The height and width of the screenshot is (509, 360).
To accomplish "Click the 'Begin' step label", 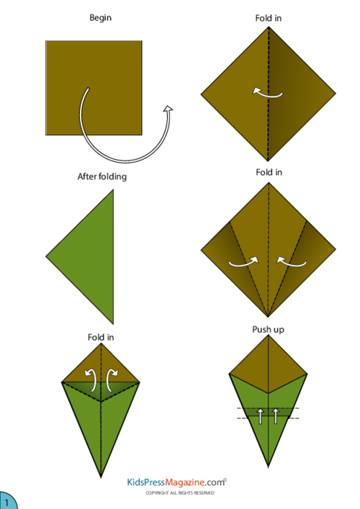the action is (100, 18).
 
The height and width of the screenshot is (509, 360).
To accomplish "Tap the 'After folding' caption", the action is (102, 176).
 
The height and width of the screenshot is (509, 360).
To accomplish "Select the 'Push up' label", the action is (268, 330).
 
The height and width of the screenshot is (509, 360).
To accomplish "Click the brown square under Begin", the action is (94, 88).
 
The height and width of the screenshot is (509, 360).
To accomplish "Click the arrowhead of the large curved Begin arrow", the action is (168, 109).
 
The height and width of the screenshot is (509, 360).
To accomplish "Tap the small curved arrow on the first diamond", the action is (268, 93).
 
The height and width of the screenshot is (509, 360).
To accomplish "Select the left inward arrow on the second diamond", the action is (243, 262).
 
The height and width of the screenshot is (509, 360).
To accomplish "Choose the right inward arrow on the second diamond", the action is (291, 261).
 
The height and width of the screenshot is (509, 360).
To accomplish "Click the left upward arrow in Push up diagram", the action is (261, 416).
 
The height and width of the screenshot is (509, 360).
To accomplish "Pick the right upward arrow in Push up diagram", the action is (276, 416).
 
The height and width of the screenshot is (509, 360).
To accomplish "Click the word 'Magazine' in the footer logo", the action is (185, 482).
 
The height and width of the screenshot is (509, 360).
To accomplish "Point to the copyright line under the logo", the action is (180, 492).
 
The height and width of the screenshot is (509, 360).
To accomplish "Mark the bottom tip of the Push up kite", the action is (268, 467).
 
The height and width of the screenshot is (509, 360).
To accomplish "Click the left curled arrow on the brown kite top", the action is (91, 380).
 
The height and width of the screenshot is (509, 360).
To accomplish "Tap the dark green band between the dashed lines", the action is (268, 413).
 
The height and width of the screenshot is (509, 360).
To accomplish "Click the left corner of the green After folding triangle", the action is (46, 257).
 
